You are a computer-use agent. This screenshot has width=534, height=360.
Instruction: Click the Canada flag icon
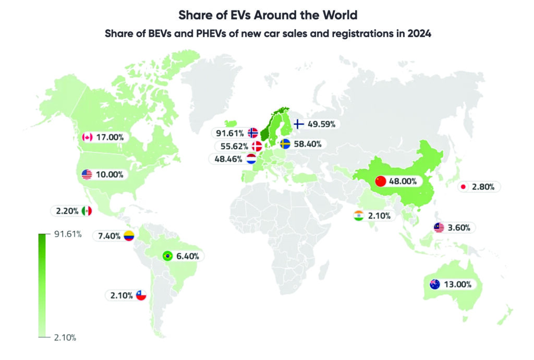click(87, 137)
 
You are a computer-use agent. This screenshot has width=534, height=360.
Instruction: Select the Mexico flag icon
click(87, 211)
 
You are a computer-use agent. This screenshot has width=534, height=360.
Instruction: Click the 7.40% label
click(109, 236)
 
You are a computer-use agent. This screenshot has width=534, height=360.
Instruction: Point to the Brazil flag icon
click(167, 256)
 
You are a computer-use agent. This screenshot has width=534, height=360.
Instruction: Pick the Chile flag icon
click(141, 295)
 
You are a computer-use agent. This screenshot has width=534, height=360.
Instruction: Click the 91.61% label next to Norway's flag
click(231, 133)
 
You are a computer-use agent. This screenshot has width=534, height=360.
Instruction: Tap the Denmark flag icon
click(256, 146)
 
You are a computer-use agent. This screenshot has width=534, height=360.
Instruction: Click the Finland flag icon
click(299, 124)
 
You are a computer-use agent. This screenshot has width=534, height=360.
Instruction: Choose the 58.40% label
click(307, 143)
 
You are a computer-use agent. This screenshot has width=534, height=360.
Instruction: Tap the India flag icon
click(358, 215)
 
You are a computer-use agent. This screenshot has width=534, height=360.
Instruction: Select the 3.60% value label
click(459, 227)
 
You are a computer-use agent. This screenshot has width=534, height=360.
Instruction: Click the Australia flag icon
click(434, 284)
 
